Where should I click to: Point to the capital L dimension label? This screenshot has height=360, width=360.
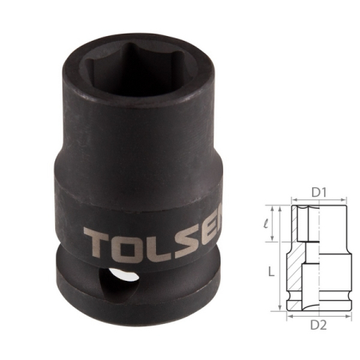(x=271, y=271)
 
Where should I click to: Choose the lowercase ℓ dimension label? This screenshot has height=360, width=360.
(x=270, y=221)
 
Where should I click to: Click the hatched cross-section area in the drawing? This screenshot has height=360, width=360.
(x=299, y=276)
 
